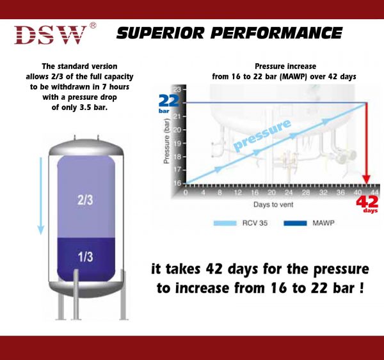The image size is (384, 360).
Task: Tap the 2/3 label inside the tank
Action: point(85,200)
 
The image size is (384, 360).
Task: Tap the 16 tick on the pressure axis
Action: point(176,183)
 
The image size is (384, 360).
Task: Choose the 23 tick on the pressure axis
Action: point(176,89)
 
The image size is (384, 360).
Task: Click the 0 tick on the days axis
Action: point(186,191)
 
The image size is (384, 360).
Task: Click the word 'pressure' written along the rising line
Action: point(262,135)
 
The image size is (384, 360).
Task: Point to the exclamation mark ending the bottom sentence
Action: point(362,288)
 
